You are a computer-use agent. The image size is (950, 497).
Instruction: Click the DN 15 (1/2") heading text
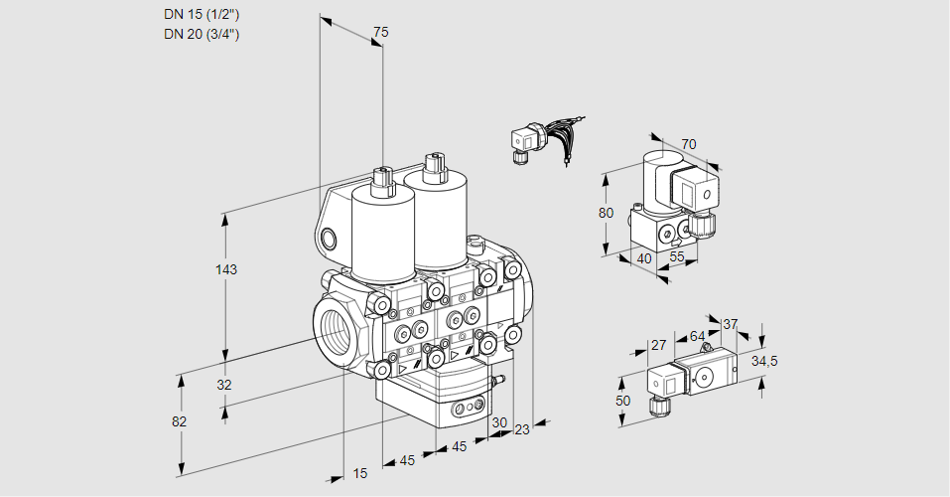point(203,15)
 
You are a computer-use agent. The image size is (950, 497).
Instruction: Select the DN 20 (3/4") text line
point(203,34)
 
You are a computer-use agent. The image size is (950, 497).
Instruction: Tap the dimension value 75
point(380,33)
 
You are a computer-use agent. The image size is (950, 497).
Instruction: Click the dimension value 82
point(179,421)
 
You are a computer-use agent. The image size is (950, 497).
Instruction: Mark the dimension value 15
point(360,474)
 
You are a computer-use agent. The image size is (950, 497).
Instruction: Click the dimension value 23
point(522,429)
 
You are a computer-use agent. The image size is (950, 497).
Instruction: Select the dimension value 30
point(498,421)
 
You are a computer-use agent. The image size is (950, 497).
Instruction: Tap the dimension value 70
point(689,144)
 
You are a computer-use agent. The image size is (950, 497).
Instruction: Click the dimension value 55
point(678,258)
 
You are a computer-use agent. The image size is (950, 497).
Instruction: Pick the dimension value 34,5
point(764,361)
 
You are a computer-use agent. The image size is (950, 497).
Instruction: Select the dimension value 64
point(697,336)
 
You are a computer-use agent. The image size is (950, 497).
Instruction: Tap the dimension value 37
point(731,324)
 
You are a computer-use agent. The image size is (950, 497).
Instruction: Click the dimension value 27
point(657,345)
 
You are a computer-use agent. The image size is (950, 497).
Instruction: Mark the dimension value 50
point(622,400)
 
